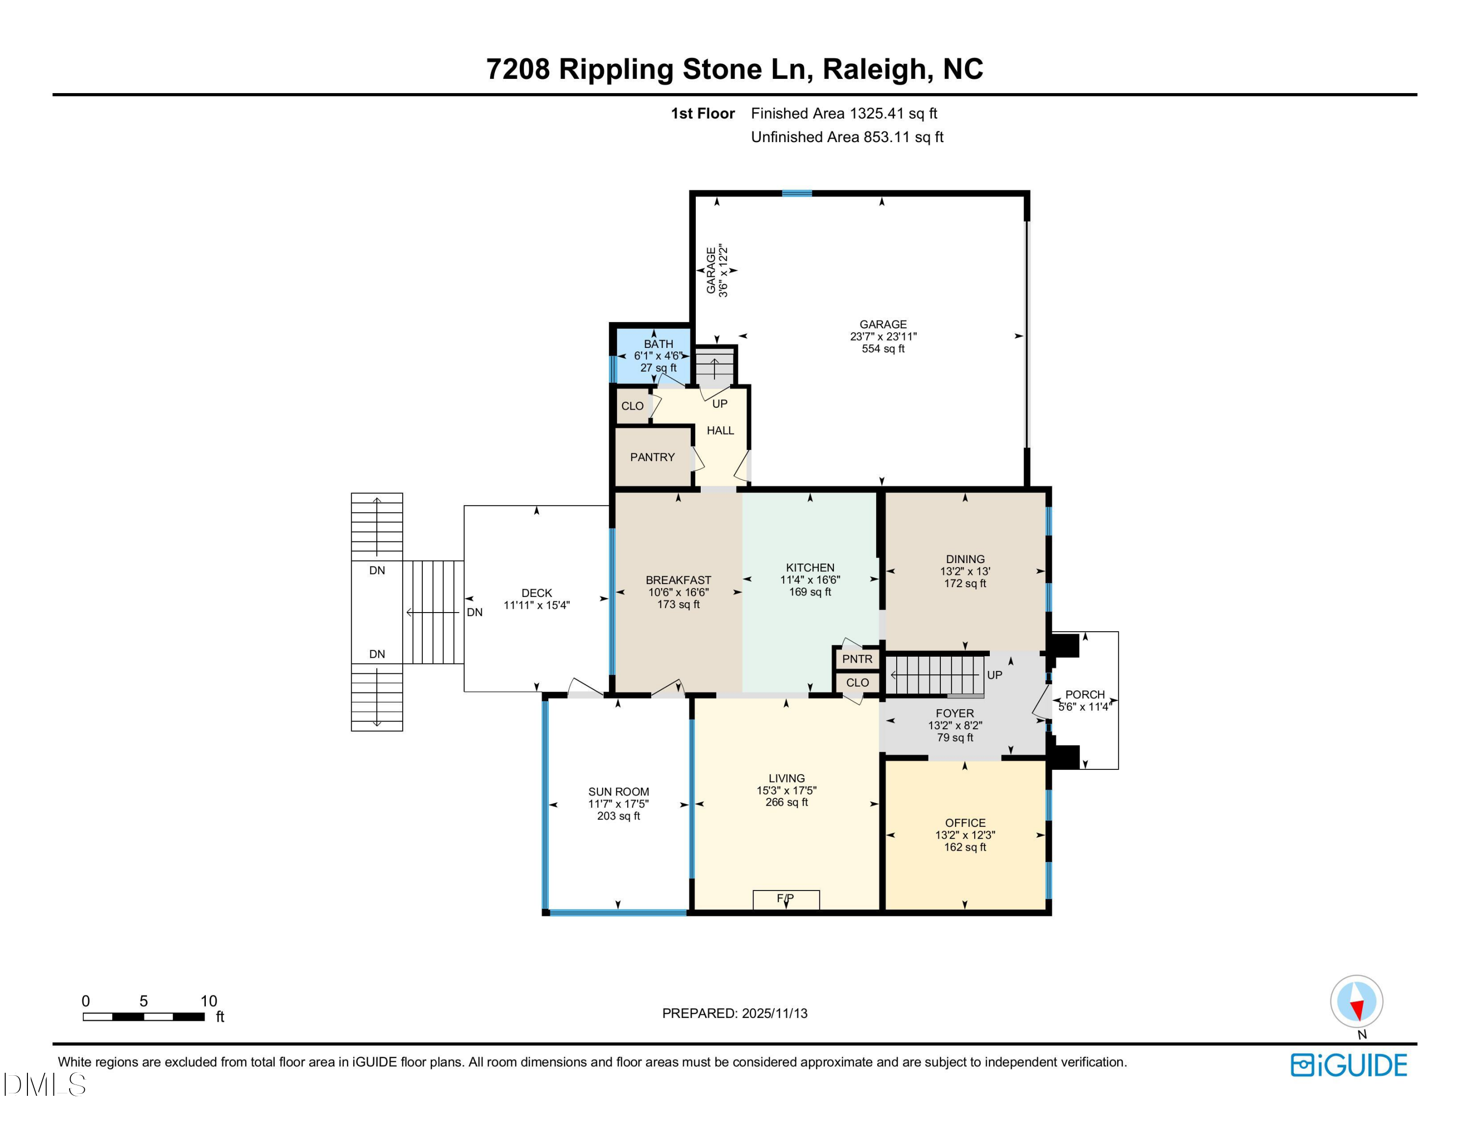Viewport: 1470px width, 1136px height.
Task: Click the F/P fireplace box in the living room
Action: [785, 899]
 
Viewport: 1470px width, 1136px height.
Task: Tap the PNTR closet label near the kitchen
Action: [857, 659]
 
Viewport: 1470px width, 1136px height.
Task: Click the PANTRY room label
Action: [652, 457]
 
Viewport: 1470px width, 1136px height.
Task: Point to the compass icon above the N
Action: [1356, 1001]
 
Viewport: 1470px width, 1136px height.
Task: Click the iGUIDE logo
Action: [1349, 1065]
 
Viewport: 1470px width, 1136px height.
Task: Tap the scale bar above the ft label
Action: [144, 1017]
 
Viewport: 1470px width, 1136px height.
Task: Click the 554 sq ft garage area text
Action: [883, 348]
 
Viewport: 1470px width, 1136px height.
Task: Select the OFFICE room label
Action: [964, 822]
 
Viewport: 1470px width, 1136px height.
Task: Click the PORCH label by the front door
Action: [1084, 694]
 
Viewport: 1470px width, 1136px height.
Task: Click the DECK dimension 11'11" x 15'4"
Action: [537, 605]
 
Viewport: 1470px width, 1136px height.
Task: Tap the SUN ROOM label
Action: [618, 791]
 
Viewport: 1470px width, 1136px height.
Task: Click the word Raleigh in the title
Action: [874, 69]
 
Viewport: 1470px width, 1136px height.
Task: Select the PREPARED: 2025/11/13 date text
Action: [735, 1013]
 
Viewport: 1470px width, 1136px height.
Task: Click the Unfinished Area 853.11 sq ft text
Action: [847, 137]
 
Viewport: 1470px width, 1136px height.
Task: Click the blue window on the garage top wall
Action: [796, 194]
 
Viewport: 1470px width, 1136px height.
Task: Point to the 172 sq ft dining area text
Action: [964, 584]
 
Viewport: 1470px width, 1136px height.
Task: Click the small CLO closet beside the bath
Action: [632, 406]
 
